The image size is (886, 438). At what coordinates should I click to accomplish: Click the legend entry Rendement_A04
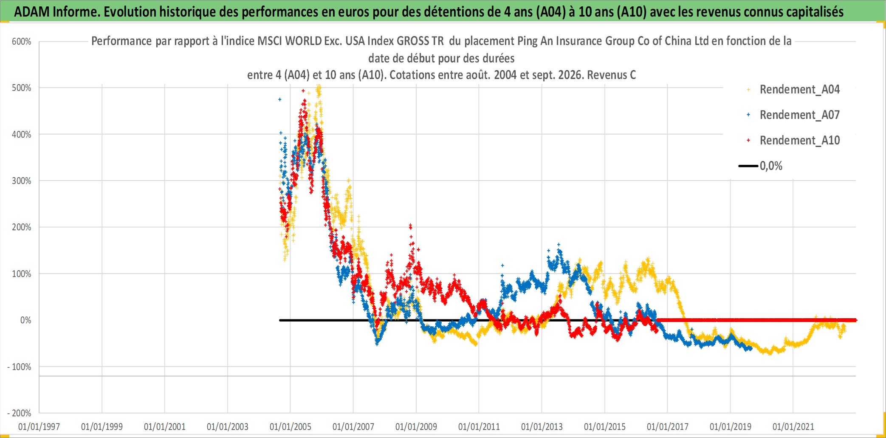[x=799, y=90]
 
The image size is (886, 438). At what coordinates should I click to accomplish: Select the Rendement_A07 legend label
[x=799, y=115]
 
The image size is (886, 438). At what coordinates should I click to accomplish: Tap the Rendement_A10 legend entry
[x=799, y=141]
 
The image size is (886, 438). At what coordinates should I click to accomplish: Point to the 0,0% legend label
[x=771, y=166]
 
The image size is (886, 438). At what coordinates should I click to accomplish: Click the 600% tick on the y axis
[x=22, y=42]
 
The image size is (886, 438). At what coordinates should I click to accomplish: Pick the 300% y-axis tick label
[x=22, y=181]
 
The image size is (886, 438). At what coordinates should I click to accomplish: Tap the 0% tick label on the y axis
[x=26, y=320]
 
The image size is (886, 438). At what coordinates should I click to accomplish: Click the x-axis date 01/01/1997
[x=39, y=427]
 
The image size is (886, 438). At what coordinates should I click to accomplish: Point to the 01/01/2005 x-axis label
[x=291, y=427]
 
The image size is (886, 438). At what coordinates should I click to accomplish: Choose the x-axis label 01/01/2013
[x=542, y=427]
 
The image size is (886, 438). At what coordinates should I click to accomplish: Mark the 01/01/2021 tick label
[x=793, y=427]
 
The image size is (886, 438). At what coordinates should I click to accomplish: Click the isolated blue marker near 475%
[x=279, y=99]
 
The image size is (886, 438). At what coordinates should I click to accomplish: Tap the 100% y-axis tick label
[x=22, y=274]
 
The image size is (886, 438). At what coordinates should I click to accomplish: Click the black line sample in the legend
[x=748, y=166]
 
